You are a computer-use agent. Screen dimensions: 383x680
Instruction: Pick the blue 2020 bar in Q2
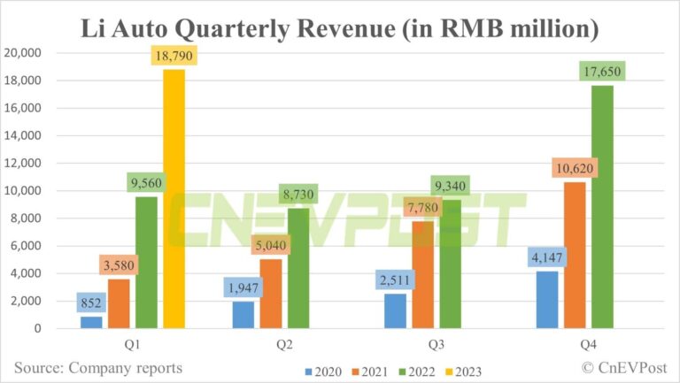coord(243,314)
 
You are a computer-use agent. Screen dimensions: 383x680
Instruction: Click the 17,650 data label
coord(602,68)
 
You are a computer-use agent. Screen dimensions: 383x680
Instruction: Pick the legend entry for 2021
coord(373,371)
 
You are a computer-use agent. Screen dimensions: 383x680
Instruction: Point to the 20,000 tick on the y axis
coord(36,53)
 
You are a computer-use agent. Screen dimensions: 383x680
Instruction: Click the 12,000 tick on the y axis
coord(36,164)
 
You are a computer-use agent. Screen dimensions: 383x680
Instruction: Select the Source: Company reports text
coord(98,367)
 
